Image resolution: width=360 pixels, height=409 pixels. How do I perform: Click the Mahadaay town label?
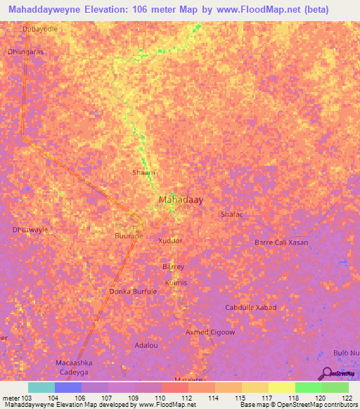(x=181, y=200)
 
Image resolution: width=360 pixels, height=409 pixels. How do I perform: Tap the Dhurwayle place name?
(x=30, y=230)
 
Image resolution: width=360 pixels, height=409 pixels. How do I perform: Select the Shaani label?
(x=143, y=172)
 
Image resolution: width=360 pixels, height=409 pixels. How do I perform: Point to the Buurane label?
(x=129, y=236)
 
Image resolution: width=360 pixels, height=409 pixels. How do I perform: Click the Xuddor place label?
(x=170, y=240)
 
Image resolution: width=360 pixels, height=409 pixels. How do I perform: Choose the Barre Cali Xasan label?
(x=281, y=242)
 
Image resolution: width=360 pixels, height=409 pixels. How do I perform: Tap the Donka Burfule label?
(x=133, y=291)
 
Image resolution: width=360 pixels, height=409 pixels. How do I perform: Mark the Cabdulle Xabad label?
(x=250, y=308)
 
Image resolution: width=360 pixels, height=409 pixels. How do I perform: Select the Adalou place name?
(x=146, y=346)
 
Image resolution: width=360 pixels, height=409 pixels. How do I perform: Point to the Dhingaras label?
(x=25, y=51)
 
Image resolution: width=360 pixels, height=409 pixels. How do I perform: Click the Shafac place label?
(x=231, y=214)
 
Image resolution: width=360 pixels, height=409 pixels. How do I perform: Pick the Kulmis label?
(x=176, y=283)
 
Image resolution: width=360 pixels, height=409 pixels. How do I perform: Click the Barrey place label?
(x=173, y=267)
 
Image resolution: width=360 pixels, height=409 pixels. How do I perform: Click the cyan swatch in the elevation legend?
(x=41, y=387)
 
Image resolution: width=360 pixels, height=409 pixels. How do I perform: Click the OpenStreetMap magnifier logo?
(x=327, y=373)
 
